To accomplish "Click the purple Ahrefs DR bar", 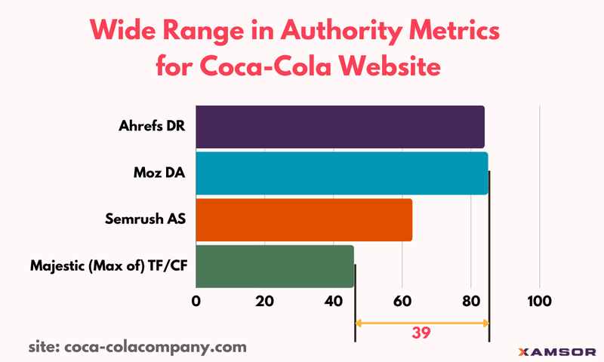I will (x=340, y=127).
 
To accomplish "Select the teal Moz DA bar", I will (x=341, y=173).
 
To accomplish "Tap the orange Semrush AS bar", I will (x=304, y=219).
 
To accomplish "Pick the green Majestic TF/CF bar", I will (x=275, y=265).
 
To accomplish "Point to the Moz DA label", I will (x=161, y=173).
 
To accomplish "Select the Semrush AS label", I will (x=146, y=219).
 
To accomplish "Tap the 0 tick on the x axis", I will (x=196, y=301).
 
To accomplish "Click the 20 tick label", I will (x=264, y=301).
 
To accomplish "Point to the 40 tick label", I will (x=333, y=301).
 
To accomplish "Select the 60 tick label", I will (x=402, y=301).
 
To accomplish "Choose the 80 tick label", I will (x=471, y=301).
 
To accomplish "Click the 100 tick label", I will (x=539, y=301).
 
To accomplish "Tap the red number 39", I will (x=421, y=333).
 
